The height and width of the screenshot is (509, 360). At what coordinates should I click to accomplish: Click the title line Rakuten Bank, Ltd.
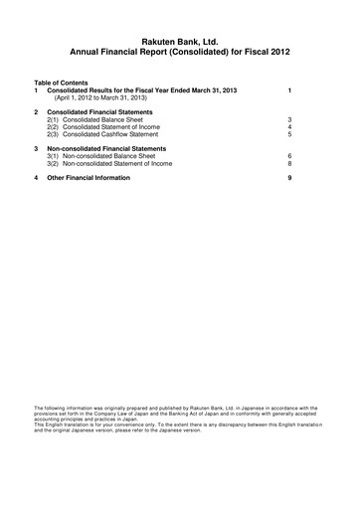coord(180,35)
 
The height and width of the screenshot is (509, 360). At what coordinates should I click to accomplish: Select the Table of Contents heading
coord(61,83)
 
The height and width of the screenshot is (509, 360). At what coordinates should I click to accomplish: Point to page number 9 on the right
coord(288,177)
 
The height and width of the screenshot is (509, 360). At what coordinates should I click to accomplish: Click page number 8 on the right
coord(288,163)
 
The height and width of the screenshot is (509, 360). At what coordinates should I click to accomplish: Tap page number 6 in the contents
coord(288,156)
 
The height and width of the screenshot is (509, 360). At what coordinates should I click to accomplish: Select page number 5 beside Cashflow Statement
coord(288,134)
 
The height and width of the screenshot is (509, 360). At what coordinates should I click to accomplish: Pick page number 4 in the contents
coord(288,126)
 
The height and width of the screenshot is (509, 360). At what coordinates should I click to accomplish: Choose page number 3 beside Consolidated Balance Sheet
coord(288,118)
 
